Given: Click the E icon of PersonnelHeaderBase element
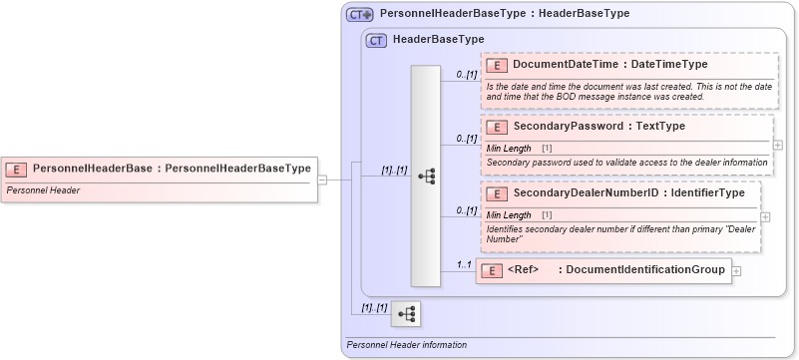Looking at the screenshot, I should coord(17,169).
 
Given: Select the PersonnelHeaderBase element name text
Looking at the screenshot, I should coord(92,169).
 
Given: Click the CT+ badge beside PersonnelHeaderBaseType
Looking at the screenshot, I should coord(359,15).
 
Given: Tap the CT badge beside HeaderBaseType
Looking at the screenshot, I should coord(376,41).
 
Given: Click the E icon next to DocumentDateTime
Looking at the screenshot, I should coord(497,65).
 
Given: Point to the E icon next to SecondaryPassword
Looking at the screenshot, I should coord(497,128).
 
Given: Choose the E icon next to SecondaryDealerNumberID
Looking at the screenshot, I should coord(497,192).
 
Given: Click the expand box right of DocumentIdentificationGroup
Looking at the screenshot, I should coord(736,270).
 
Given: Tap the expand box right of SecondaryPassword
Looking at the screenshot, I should coord(778,145).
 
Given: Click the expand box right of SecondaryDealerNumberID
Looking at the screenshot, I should coord(765,216).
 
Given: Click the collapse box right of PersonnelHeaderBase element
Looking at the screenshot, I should coord(322,180).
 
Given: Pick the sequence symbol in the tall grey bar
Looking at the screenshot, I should coord(427,177).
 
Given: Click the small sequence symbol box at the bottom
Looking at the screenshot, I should coord(406,314).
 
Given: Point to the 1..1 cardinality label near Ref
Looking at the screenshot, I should coord(463,264).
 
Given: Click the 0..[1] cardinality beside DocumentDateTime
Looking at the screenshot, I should coord(467,74).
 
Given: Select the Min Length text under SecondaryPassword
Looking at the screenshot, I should coord(509,148).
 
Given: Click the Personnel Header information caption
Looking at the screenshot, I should coord(406,345).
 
